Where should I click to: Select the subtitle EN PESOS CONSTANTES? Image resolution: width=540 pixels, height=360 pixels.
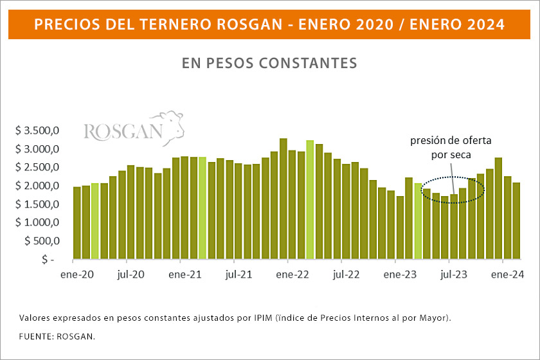269,63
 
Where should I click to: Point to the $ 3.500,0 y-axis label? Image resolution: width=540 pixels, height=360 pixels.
38,131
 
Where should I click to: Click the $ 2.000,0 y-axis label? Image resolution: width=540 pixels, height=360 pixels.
38,186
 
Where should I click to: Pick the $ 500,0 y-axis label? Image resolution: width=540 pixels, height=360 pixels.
42,240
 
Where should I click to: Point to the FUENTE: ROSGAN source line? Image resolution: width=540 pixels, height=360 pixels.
57,336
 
